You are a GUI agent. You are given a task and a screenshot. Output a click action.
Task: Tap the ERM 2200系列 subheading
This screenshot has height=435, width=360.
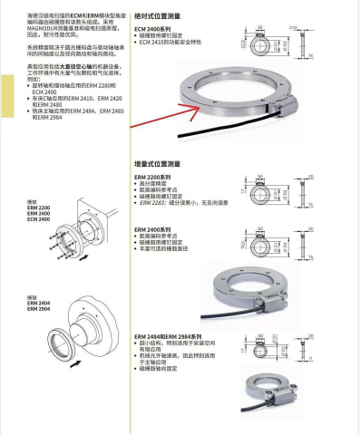click(153, 177)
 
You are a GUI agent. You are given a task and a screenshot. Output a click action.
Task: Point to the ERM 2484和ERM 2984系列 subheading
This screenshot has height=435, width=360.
click(177, 335)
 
